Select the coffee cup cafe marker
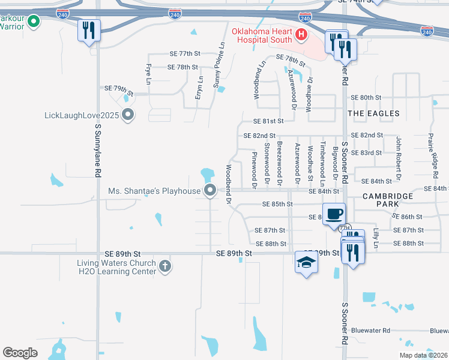click(x=334, y=213)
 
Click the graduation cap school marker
click(x=306, y=262)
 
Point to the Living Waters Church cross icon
click(x=165, y=265)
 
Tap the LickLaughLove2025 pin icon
click(x=127, y=114)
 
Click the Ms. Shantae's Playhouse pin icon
click(x=210, y=191)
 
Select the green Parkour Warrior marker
click(x=34, y=22)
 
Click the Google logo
click(x=20, y=353)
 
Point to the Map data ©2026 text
click(x=423, y=355)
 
